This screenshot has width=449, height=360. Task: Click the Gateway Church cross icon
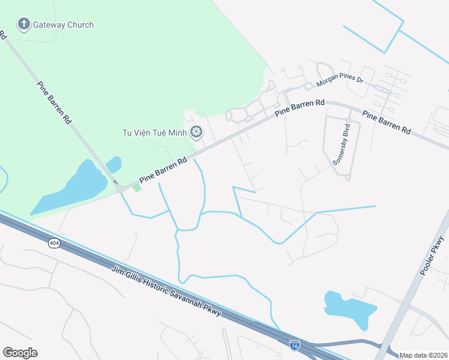click(23, 25)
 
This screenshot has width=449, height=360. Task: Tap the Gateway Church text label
click(63, 25)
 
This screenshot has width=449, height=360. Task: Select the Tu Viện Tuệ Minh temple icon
click(196, 132)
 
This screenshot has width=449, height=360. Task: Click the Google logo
click(20, 353)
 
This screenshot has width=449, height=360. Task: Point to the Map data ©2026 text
click(424, 355)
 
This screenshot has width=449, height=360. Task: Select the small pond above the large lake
click(113, 164)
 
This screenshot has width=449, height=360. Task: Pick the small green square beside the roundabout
click(137, 188)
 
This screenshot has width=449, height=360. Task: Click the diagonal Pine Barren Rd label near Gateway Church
click(55, 103)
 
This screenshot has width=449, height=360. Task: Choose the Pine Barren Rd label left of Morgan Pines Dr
click(300, 108)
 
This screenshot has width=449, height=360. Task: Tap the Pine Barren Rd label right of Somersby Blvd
click(387, 121)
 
